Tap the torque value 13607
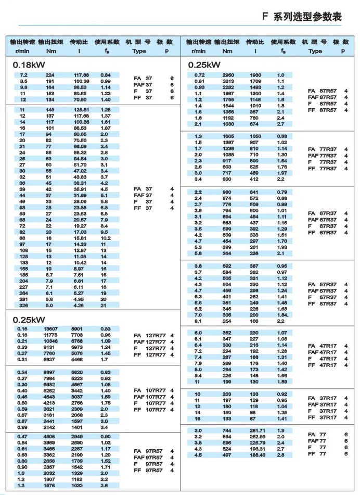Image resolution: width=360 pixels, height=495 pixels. pos(50,328)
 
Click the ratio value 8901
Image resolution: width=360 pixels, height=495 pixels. pos(77,328)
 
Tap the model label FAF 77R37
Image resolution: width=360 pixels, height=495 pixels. pos(324,155)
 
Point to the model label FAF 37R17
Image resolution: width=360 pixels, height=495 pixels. pos(324,404)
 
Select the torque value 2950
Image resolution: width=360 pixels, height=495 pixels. pos(228,75)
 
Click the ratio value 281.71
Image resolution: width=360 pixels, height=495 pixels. pos(256,430)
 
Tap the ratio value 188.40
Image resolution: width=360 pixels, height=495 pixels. pos(256,454)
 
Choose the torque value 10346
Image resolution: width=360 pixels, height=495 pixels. pos(50,341)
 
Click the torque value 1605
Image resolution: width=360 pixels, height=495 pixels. pos(228,136)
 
